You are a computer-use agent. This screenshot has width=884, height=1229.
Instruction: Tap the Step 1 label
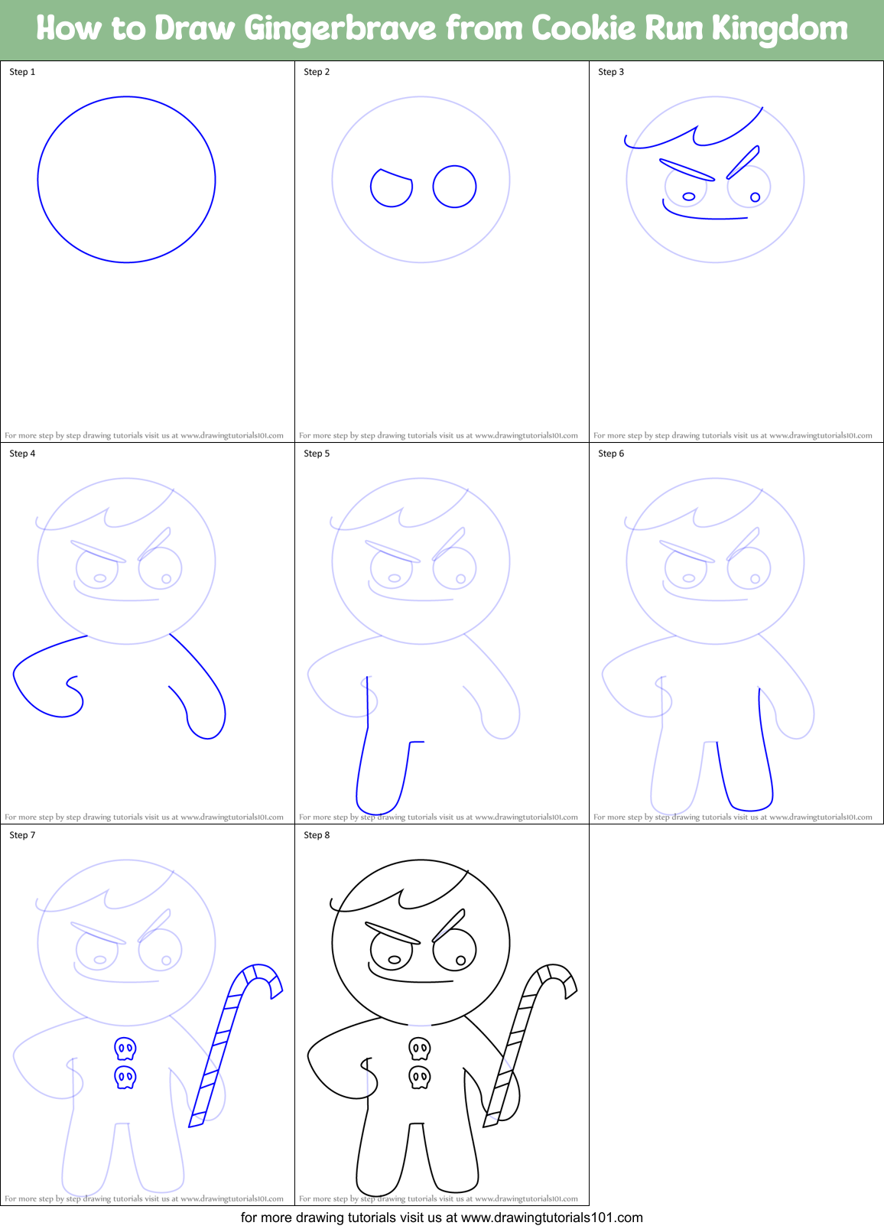(22, 72)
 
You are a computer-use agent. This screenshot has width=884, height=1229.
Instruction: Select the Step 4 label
(22, 454)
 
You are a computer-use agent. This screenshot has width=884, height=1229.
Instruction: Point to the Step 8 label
(317, 835)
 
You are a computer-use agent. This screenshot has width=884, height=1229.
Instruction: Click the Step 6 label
(611, 454)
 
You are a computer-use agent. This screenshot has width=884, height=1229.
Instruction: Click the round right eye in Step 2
(454, 186)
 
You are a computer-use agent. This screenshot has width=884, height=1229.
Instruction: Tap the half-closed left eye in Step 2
(392, 188)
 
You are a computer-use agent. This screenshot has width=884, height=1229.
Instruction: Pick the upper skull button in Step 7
(125, 1048)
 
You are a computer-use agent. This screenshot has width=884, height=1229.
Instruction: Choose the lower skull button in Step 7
(125, 1078)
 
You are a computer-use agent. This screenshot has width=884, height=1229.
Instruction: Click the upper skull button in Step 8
(419, 1048)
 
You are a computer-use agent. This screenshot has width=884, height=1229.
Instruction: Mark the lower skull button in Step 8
(419, 1078)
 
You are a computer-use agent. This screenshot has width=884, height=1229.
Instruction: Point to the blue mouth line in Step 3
(704, 216)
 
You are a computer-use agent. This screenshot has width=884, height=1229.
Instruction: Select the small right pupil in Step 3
(755, 197)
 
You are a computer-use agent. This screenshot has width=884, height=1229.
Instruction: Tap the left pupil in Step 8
(395, 959)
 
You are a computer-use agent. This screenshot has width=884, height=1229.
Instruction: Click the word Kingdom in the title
(780, 29)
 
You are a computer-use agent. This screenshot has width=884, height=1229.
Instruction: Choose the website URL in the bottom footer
(551, 1218)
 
